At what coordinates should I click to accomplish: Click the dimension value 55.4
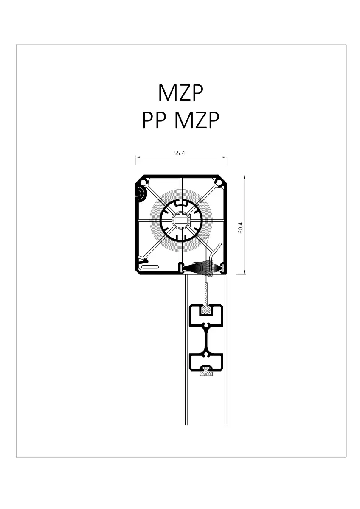[x=179, y=153]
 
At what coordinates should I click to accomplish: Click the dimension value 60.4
[x=241, y=228]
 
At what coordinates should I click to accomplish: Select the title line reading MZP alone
[x=180, y=93]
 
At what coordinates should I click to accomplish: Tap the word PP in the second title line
[x=154, y=120]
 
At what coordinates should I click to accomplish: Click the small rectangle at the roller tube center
[x=181, y=220]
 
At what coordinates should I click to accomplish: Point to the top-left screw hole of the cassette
[x=143, y=182]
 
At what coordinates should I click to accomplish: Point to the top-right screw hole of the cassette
[x=219, y=182]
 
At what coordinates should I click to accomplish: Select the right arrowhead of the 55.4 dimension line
[x=225, y=157]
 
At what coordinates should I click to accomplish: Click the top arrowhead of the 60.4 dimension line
[x=245, y=177]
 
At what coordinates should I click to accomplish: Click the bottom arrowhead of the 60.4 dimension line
[x=245, y=272]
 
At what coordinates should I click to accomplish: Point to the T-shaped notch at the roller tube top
[x=181, y=203]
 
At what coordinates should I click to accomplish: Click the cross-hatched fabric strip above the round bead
[x=206, y=295]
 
